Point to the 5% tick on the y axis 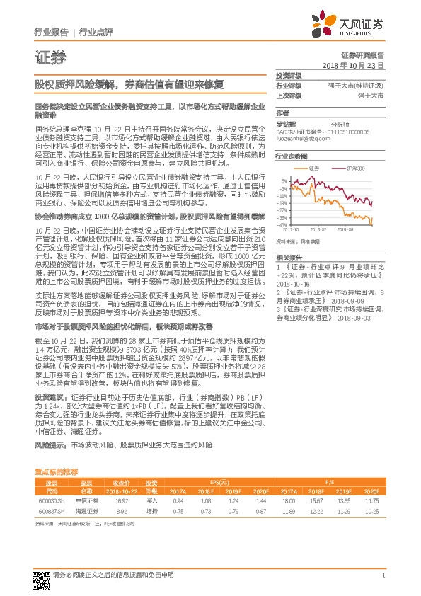click(x=284, y=181)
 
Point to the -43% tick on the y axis click(x=283, y=224)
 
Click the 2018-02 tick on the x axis click(x=318, y=229)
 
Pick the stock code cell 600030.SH click(x=47, y=499)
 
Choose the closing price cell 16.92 click(x=121, y=499)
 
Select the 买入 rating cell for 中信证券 click(x=151, y=499)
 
